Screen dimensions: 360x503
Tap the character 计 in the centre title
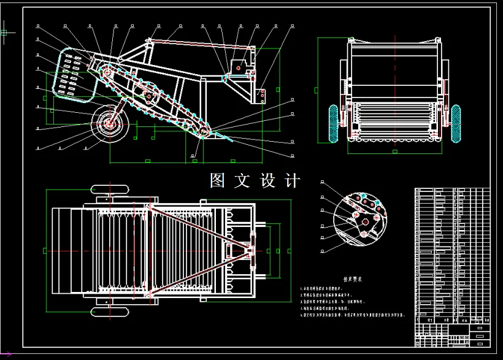pos(293,181)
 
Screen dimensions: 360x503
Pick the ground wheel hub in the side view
pos(110,124)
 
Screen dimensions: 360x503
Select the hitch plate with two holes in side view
pos(263,94)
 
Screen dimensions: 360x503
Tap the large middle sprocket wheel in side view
pos(148,96)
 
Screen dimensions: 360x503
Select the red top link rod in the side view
pos(202,45)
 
